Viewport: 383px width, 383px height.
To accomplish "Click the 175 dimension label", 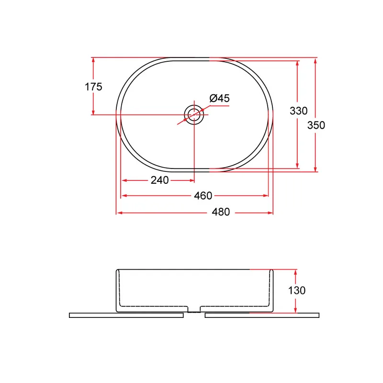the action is (x=93, y=87).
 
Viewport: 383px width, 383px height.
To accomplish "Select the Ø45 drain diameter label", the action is (x=220, y=98).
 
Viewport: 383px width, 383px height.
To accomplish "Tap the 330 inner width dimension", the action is (x=298, y=111).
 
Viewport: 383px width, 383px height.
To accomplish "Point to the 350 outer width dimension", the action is (x=316, y=125).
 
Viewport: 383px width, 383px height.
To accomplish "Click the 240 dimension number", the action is (x=160, y=180).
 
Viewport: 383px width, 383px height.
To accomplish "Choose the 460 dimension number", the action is (x=203, y=196).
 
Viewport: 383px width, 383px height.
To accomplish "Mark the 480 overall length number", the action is (x=221, y=212).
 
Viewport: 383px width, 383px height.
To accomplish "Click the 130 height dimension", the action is (x=297, y=291).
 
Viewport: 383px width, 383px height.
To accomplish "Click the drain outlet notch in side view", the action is (x=194, y=309).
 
